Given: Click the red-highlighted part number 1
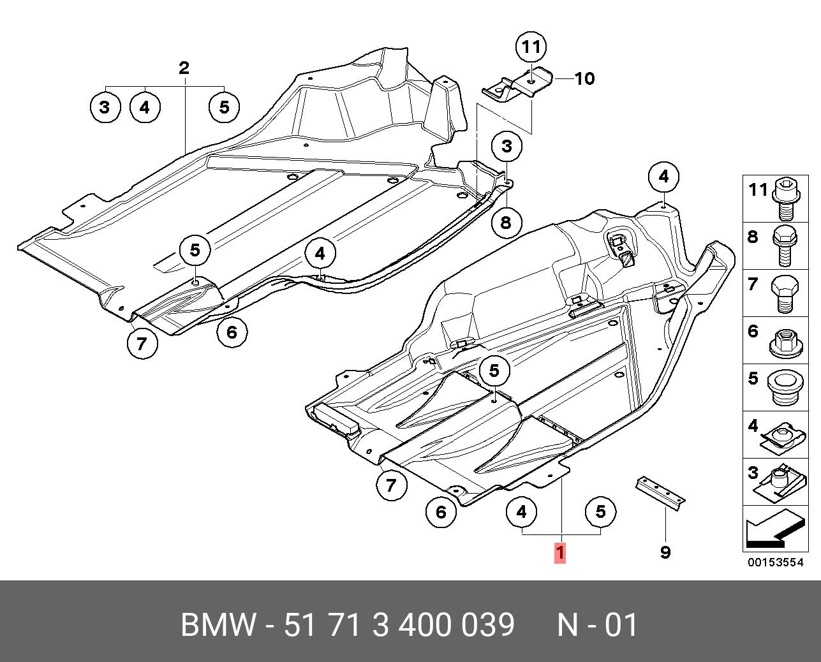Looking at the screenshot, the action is (x=559, y=553).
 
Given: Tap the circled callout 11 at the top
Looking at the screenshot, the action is (x=531, y=47).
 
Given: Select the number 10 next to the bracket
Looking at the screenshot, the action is (x=584, y=78).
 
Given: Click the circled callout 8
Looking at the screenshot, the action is (x=506, y=222).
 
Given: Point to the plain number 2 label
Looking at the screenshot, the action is (x=184, y=68).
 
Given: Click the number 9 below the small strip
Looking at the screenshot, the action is (x=665, y=552).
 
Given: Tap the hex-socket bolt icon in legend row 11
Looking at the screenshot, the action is (x=787, y=200).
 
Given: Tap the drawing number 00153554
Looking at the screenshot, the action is (x=775, y=562).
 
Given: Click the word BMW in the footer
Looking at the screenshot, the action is (x=218, y=624).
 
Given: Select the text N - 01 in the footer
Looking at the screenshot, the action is (x=597, y=624).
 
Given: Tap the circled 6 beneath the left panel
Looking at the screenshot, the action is (x=232, y=332).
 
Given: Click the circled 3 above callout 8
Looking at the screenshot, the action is (x=507, y=146).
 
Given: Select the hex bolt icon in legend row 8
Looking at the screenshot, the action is (x=785, y=246).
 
